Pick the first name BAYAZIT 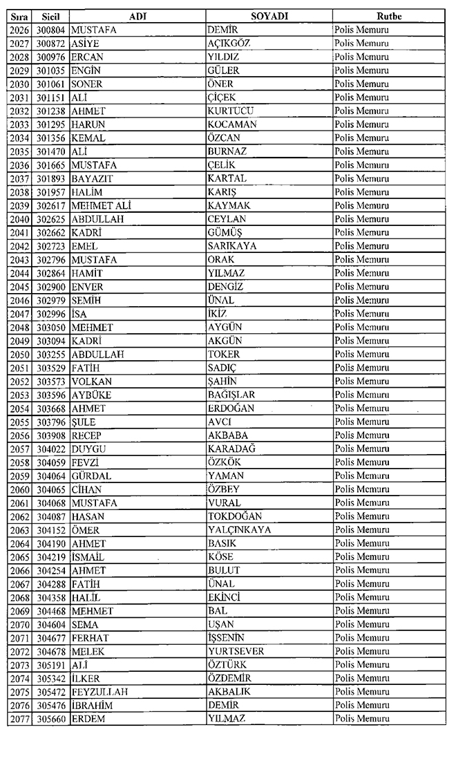[93, 178]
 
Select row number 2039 [19, 205]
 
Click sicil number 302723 [51, 246]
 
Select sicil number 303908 [51, 435]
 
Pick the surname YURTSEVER [236, 652]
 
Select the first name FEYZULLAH [99, 692]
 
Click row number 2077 [19, 719]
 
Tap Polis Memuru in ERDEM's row [361, 719]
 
